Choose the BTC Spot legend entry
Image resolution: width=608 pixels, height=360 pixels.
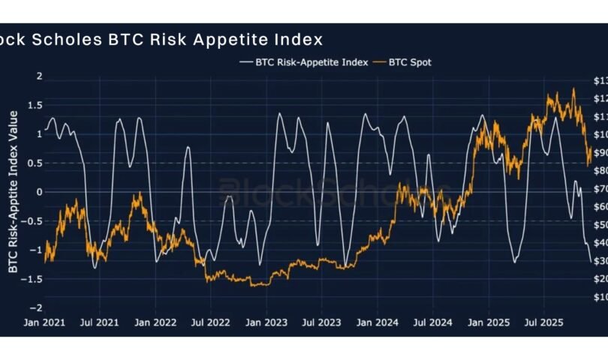point(410,62)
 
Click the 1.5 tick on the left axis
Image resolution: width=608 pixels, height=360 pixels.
point(35,106)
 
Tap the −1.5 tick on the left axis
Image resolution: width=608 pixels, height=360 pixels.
point(32,279)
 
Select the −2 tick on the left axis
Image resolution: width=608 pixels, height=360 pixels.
point(35,308)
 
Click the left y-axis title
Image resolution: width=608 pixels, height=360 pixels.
point(13,192)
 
